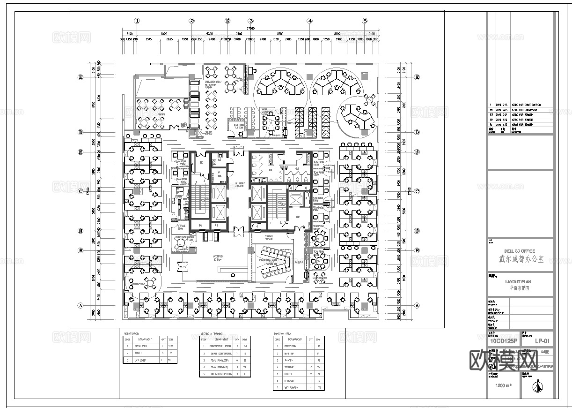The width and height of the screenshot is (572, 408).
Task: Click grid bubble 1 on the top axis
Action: coord(137,21)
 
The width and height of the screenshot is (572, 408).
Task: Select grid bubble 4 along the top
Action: coord(309,21)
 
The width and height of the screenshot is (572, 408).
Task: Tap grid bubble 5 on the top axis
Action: coord(365,21)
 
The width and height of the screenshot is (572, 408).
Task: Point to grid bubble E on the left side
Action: coord(81,77)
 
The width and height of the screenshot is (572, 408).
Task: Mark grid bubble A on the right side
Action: coord(417,305)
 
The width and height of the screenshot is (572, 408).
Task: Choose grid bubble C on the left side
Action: coord(81,191)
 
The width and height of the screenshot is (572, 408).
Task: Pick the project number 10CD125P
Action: coord(503,341)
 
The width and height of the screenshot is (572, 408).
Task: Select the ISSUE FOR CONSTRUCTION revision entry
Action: coord(526,105)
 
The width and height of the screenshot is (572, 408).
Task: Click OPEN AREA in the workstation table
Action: coord(141,345)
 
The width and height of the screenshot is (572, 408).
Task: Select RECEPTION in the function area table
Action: coord(295,345)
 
